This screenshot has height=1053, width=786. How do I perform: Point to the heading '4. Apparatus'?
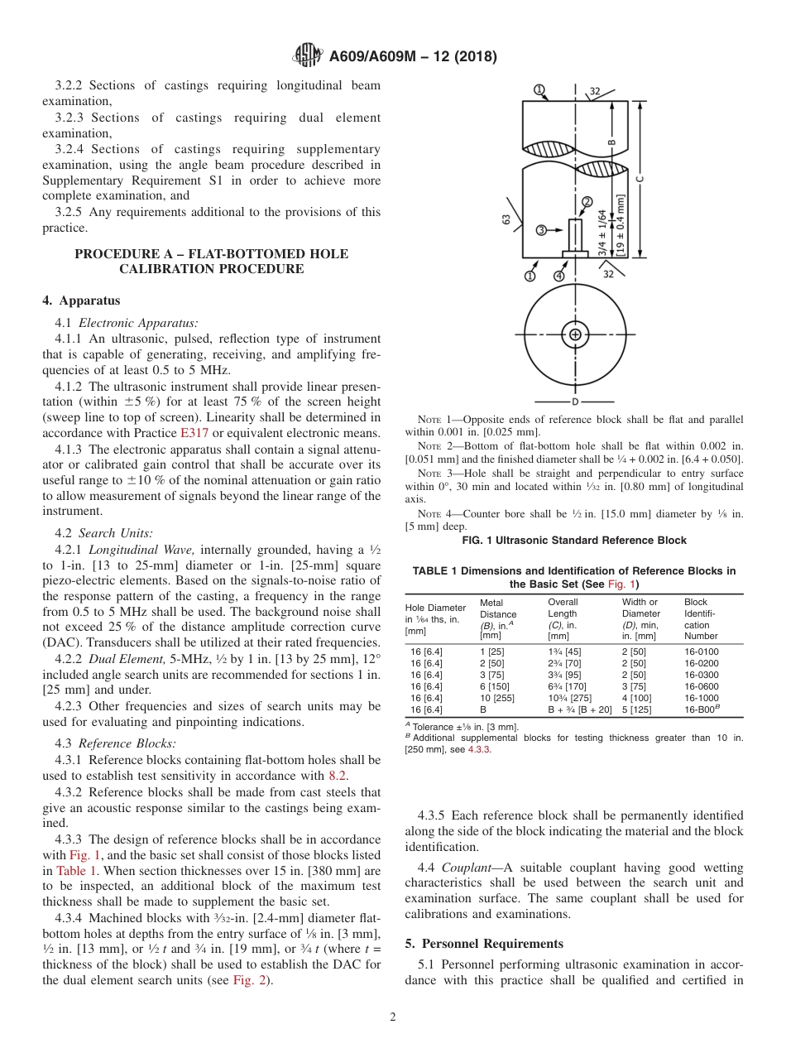[81, 301]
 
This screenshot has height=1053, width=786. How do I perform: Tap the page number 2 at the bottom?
[393, 1017]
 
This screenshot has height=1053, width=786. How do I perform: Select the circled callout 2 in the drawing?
[587, 201]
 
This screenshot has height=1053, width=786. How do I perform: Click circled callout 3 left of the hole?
[541, 230]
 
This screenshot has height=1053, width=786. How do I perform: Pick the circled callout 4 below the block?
[559, 275]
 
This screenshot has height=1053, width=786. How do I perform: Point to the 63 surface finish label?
[506, 219]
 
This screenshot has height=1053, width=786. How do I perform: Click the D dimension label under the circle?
[575, 401]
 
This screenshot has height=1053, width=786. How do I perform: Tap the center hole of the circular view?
[575, 334]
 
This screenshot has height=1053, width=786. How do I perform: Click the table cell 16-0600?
[701, 686]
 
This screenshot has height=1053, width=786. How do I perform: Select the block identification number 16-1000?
[701, 698]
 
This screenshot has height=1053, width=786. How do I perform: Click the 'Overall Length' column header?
[563, 608]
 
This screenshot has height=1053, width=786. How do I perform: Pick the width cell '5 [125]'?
[638, 709]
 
